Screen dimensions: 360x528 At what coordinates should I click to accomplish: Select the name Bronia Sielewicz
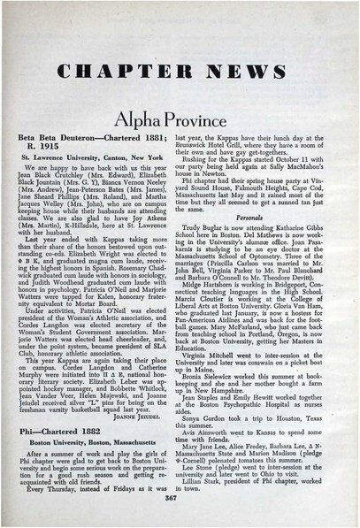[x=215, y=382]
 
